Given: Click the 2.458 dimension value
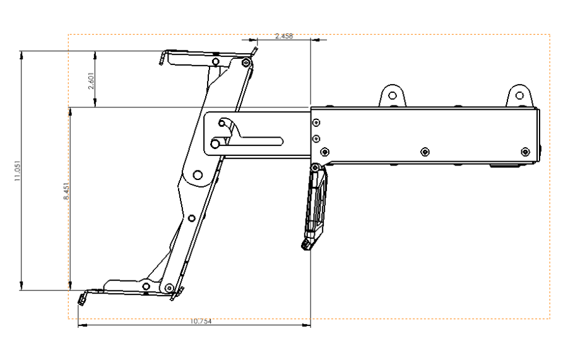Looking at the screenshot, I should point(283,37).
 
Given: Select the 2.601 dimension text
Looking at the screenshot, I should point(92,81).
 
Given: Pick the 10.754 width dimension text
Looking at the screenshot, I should point(201,321).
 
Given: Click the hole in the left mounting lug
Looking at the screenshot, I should point(392,95).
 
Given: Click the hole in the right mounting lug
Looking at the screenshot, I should point(519,95).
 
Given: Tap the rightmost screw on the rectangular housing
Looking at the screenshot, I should point(525,152).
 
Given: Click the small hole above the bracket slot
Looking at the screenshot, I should point(222,123).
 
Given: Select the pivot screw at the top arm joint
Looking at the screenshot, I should point(246,63).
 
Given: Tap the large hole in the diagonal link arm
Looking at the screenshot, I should point(198,175).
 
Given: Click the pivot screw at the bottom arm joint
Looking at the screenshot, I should point(169,288).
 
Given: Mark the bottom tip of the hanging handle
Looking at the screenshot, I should point(307,246).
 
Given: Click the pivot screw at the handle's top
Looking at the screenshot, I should point(314,167).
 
